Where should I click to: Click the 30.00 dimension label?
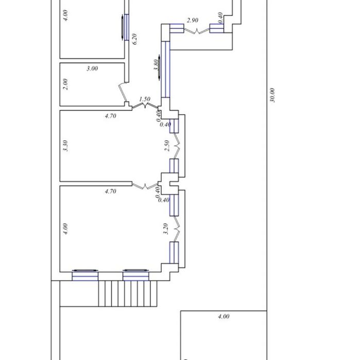(272, 95)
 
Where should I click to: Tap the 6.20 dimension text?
(134, 39)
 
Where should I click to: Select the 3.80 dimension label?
(157, 65)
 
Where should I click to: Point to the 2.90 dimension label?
(193, 20)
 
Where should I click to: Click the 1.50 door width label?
(145, 99)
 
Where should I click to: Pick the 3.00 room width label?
(92, 68)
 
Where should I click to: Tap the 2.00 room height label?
(65, 84)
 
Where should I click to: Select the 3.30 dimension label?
(65, 146)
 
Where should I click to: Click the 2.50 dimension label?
(167, 146)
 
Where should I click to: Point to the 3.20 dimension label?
(166, 229)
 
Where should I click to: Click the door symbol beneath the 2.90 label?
(197, 31)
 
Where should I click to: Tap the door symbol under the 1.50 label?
(145, 106)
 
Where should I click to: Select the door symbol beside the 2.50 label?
(177, 146)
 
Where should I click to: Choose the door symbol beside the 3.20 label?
(177, 229)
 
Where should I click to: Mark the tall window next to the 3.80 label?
(165, 69)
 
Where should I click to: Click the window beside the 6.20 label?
(126, 27)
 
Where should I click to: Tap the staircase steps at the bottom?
(128, 294)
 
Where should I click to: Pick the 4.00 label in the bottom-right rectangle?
(224, 316)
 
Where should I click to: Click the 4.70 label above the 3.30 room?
(110, 116)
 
